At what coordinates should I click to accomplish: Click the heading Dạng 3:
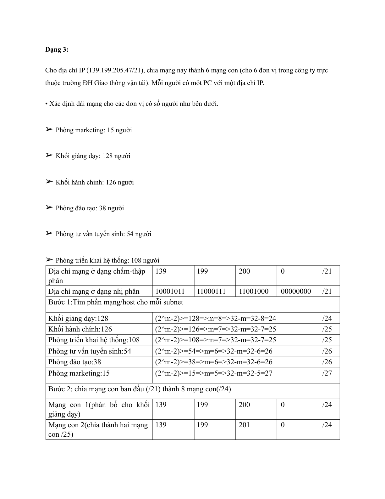point(57,49)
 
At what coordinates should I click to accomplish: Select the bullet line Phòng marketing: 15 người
point(93,130)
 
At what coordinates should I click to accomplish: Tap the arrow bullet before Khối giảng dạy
point(49,155)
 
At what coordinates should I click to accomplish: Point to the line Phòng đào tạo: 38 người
point(90,208)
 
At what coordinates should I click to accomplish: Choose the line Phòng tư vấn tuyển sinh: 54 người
point(103,234)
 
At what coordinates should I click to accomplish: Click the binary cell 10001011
point(170,291)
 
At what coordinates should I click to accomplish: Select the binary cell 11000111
point(211,291)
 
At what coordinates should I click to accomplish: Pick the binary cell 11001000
point(253,291)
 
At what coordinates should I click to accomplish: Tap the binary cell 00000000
point(296,291)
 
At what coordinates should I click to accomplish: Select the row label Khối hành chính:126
point(80,329)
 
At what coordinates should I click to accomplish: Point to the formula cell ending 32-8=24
point(216,318)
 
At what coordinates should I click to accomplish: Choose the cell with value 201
point(244,425)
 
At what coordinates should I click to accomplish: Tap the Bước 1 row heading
point(115,302)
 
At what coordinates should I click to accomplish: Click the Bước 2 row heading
point(140,389)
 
